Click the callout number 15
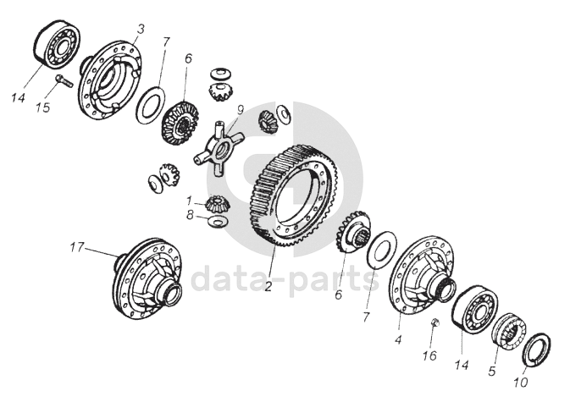click(x=42, y=107)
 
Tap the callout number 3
click(x=141, y=29)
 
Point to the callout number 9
click(x=240, y=110)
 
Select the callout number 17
click(x=77, y=247)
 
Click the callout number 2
click(x=268, y=287)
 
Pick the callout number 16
click(x=429, y=355)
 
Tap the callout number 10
click(x=520, y=382)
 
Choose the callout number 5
click(x=492, y=371)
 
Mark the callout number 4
click(x=398, y=340)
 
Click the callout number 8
click(x=190, y=215)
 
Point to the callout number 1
click(x=189, y=201)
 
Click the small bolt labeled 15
click(x=64, y=80)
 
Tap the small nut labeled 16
click(x=434, y=322)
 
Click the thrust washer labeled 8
click(x=218, y=221)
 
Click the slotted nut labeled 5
click(x=508, y=333)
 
